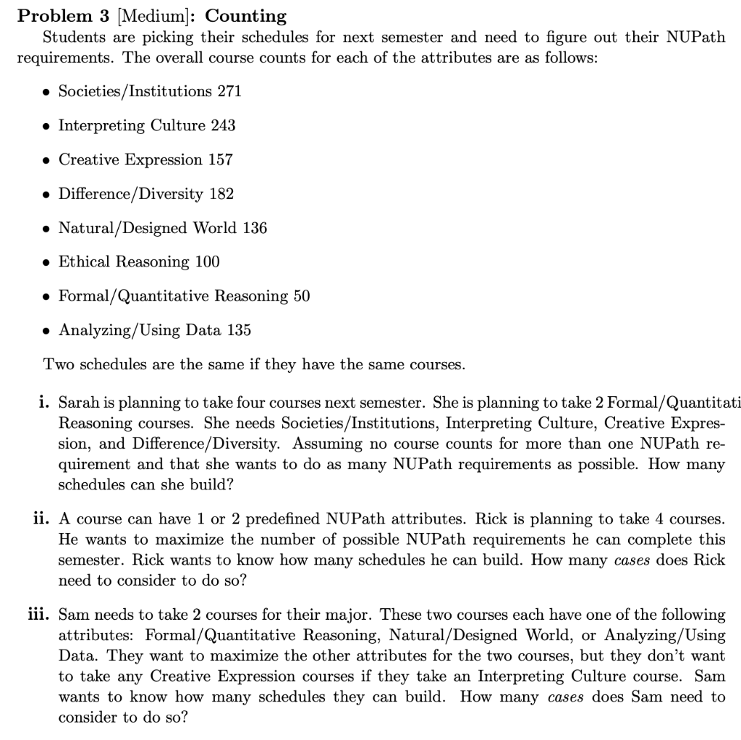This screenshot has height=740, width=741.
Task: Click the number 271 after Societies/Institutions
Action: click(229, 91)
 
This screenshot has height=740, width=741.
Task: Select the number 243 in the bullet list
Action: click(223, 125)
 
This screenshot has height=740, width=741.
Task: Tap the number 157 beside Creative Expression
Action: click(220, 159)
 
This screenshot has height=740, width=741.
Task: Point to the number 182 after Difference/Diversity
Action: click(221, 193)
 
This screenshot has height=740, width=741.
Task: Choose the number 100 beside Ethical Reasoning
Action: click(207, 261)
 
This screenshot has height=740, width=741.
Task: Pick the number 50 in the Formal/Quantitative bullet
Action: click(301, 296)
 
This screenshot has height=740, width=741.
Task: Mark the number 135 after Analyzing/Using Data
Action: click(238, 330)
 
